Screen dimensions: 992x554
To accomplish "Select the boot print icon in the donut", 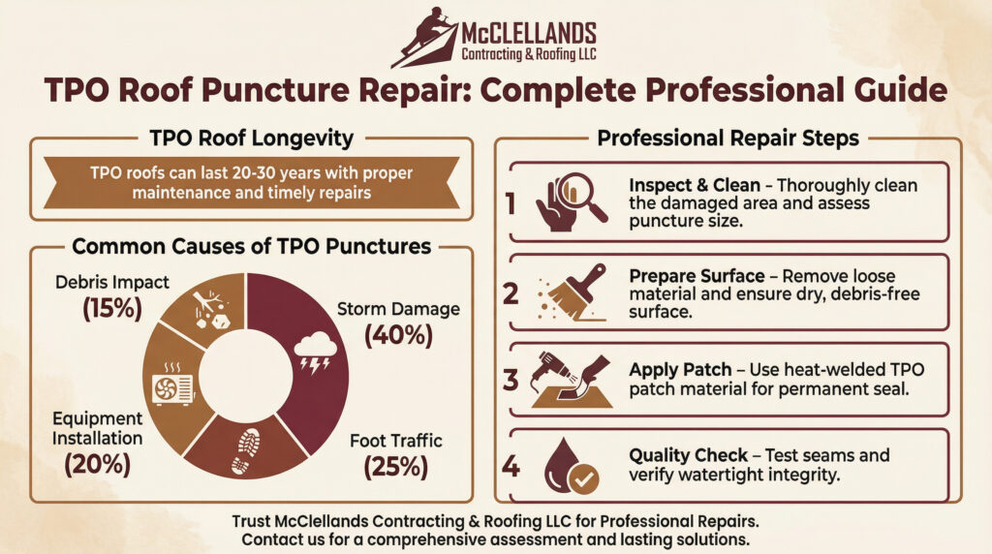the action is pos(245,451).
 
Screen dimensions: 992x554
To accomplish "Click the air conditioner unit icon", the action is pos(172,385).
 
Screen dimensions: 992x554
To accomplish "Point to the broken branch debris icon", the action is pos(210,309).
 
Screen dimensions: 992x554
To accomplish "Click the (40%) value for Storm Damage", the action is pos(398,335).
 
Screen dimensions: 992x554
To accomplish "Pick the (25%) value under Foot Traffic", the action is pos(396,467).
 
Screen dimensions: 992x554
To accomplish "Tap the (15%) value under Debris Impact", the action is pos(112,308).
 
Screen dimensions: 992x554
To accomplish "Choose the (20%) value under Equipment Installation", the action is pos(98,464).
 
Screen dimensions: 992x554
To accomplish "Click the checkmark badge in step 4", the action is pos(583,478).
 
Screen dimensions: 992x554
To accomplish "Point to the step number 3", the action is pos(511,380).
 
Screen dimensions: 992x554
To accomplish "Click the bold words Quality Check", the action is pos(689,455).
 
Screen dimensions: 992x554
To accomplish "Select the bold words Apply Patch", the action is pos(680,370).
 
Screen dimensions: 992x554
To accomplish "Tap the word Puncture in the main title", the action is pos(274,90).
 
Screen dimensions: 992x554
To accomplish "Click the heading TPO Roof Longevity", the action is pos(252,138).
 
